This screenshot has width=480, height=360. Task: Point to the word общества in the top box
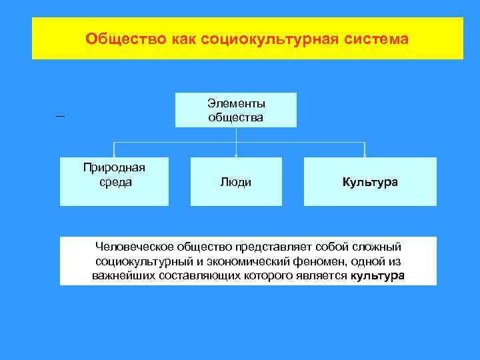tap(236, 117)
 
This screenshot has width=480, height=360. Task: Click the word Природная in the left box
tap(114, 167)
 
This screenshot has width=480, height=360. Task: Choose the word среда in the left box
tap(114, 181)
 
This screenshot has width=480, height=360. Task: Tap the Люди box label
tap(236, 182)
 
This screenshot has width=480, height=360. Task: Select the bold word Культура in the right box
tap(370, 182)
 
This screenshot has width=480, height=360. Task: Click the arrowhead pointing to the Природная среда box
tap(114, 155)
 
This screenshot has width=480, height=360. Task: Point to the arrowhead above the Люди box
tap(237, 155)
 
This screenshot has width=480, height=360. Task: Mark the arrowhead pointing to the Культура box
tap(365, 155)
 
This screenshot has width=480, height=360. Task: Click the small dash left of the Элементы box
tap(61, 116)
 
